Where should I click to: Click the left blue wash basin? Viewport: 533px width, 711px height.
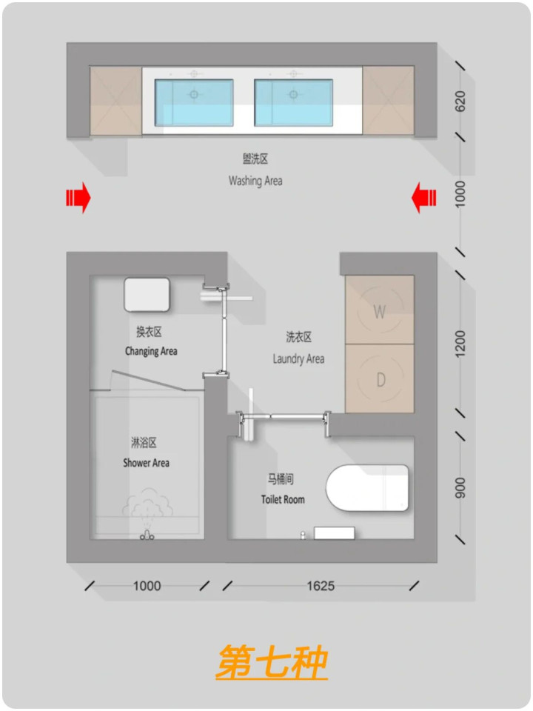click(x=194, y=102)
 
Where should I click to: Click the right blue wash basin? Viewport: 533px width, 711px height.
click(x=294, y=102)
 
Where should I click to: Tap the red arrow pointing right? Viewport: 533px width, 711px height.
click(x=78, y=198)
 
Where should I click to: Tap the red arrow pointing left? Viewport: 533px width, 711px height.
click(x=423, y=198)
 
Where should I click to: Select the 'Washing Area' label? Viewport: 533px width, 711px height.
click(x=255, y=181)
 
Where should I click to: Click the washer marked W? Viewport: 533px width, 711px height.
click(x=380, y=310)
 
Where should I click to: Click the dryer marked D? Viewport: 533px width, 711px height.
click(x=380, y=378)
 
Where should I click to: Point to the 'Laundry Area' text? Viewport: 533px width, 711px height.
click(x=298, y=359)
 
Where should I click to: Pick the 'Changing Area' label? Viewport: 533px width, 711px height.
click(x=151, y=351)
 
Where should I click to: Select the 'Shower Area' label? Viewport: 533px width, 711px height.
click(x=146, y=463)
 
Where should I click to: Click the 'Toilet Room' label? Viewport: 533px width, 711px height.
click(x=283, y=500)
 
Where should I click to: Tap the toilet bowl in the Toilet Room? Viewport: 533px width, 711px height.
click(x=367, y=488)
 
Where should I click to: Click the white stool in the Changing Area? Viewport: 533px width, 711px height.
click(x=147, y=295)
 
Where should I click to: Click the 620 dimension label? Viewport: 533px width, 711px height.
click(x=460, y=101)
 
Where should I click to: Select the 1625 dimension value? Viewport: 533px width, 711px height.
click(x=321, y=586)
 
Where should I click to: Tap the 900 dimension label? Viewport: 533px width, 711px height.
click(x=460, y=488)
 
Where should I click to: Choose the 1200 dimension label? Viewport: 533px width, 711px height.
click(x=460, y=344)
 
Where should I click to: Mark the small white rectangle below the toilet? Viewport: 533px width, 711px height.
click(x=335, y=533)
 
